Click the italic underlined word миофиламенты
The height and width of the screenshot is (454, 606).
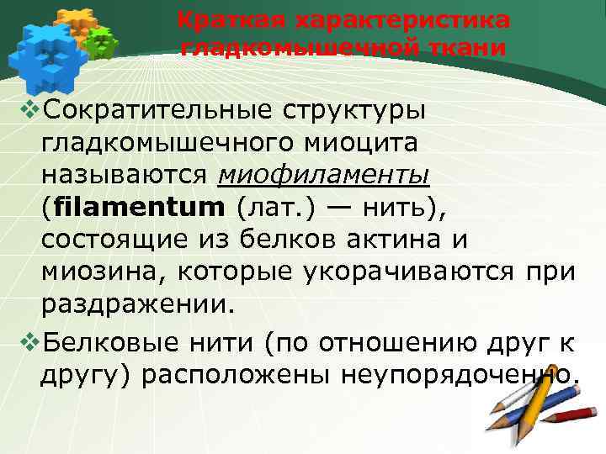tap(324, 175)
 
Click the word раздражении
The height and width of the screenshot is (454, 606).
tap(134, 303)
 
